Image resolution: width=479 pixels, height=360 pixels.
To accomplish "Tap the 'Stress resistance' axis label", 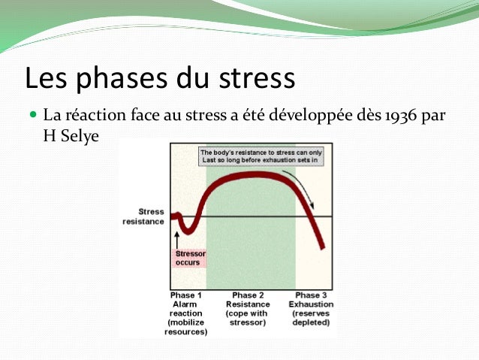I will coord(145,216).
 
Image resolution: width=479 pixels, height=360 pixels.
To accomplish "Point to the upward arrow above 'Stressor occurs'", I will coord(177,239).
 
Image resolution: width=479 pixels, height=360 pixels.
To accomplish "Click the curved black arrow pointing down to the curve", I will coord(305,188).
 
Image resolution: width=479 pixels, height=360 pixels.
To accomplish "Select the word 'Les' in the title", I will coord(44,78).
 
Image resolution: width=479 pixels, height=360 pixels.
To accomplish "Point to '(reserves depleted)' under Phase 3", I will coord(311,318).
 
